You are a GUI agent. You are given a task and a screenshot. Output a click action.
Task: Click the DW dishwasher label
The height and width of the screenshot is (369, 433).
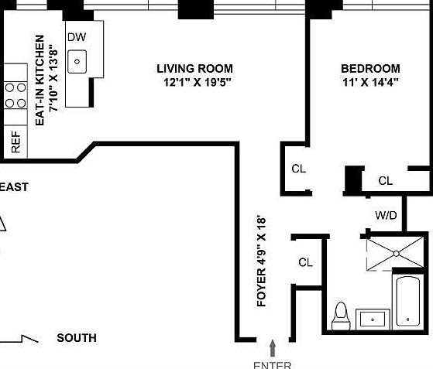76,37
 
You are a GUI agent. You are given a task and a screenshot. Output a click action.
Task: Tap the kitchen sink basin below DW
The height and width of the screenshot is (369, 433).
77,61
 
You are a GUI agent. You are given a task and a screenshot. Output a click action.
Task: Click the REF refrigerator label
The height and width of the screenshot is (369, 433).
15,141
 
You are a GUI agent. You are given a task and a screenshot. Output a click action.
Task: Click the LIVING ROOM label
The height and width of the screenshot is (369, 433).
194,69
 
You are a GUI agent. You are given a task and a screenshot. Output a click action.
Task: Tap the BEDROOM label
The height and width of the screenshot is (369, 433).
370,68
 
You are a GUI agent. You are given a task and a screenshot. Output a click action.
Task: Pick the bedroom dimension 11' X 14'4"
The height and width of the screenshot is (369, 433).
370,82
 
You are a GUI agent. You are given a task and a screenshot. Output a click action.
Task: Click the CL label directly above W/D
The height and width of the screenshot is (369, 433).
385,181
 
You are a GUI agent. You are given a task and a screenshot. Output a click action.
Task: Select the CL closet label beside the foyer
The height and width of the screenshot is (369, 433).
305,262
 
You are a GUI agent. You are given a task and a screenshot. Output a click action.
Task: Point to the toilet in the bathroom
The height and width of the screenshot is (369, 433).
339,315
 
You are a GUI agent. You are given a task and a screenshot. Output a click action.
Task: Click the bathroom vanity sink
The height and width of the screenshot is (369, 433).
374,318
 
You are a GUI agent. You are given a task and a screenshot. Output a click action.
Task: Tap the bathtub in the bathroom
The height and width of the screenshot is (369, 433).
408,301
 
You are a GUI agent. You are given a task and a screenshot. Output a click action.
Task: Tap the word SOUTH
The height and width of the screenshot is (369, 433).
77,338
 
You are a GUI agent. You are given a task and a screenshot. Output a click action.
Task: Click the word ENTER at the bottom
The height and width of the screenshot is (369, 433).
272,364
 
